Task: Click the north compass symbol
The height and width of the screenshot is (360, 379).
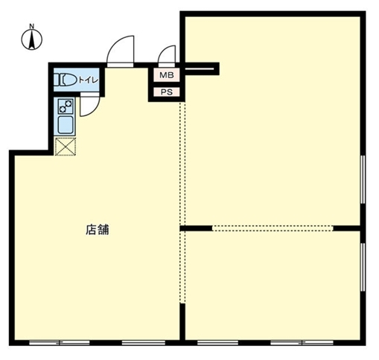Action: coord(33,41)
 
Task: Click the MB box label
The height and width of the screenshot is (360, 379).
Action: coord(165,75)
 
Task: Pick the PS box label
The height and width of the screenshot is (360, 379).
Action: coord(165,92)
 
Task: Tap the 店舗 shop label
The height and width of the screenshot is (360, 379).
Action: coord(97,230)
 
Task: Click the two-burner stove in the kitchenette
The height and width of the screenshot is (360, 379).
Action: coord(65,105)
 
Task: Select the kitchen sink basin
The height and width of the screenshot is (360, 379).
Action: coord(65,124)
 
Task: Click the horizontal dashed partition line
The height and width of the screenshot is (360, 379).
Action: coord(272,228)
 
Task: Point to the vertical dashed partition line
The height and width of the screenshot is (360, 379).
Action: coord(181,164)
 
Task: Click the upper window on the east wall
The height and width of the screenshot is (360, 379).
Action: coord(363,179)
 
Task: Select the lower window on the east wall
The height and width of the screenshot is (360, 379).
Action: coord(363,268)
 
